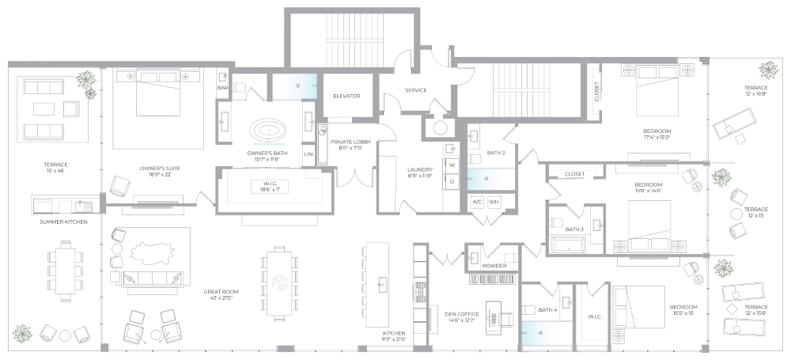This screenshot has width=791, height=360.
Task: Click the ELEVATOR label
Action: point(346,96)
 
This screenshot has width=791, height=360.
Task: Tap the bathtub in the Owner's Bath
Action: point(271,130)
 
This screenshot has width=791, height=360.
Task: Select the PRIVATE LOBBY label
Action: point(346,142)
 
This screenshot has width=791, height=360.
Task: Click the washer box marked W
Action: point(453,165)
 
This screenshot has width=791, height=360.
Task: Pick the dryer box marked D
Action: point(453,181)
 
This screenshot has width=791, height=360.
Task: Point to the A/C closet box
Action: point(476,202)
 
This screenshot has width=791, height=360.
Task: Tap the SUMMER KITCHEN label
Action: point(64,222)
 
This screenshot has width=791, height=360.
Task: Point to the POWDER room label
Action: point(494,266)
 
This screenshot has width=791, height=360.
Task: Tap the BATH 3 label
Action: point(573,229)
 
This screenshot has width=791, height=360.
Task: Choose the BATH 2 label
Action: point(496,152)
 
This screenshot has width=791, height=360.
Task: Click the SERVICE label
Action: point(415,90)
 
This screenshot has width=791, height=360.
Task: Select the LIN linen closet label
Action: point(308,153)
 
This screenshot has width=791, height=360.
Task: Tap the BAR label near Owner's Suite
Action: point(222,88)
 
